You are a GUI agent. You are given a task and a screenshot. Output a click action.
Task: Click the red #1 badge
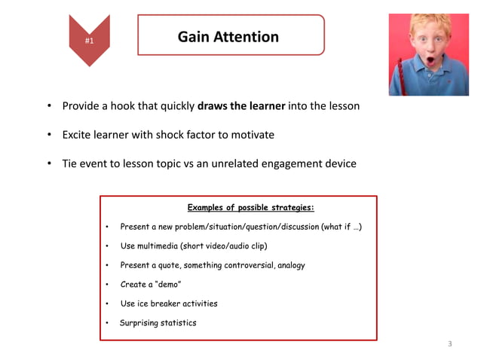(89, 40)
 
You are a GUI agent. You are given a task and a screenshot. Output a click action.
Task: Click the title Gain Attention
(228, 36)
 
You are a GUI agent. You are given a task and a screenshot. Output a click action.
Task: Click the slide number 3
(450, 344)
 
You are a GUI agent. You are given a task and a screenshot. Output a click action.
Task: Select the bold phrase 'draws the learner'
(241, 106)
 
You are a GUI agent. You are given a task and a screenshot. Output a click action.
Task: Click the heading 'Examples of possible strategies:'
(250, 207)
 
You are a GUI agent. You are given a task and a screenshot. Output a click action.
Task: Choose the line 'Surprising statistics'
(158, 323)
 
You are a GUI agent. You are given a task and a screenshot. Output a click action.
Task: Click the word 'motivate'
(253, 135)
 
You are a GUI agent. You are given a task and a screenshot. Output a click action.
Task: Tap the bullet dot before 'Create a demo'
(108, 285)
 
